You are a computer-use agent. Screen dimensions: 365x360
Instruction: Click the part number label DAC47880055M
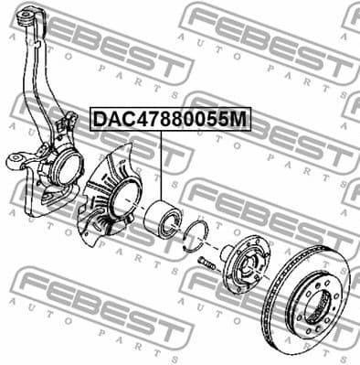click(168, 119)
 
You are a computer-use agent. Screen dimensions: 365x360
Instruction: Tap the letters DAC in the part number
click(111, 119)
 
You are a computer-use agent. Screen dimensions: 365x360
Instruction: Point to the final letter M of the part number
click(240, 119)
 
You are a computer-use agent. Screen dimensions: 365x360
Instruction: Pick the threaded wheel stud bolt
click(206, 264)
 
